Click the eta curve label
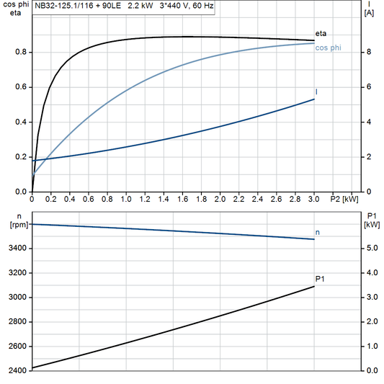(321, 33)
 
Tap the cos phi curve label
(328, 48)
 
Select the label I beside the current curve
(317, 92)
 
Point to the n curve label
(318, 232)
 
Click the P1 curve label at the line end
(320, 279)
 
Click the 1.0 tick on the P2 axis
(125, 198)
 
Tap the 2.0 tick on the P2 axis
(219, 198)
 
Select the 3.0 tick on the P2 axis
(313, 198)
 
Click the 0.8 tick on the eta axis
(22, 52)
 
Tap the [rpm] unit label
(14, 224)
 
